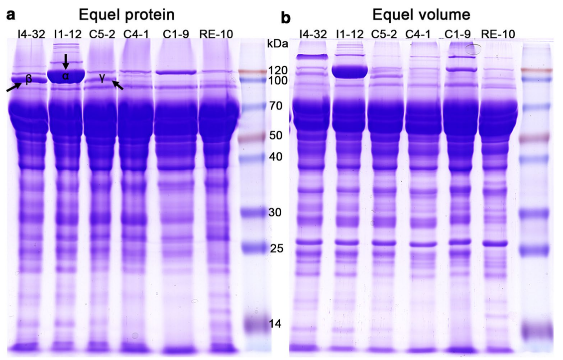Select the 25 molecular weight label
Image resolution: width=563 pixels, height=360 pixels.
[277, 248]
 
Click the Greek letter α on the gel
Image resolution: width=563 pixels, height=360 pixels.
[65, 76]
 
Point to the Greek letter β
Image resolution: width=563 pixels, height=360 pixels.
[29, 79]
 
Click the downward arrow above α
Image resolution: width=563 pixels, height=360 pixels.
[65, 62]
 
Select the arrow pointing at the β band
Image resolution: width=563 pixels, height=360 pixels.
[14, 87]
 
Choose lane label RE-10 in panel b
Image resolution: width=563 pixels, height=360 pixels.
[498, 34]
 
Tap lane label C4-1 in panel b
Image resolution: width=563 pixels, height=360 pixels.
[422, 34]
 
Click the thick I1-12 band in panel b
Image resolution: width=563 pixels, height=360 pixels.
[349, 72]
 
